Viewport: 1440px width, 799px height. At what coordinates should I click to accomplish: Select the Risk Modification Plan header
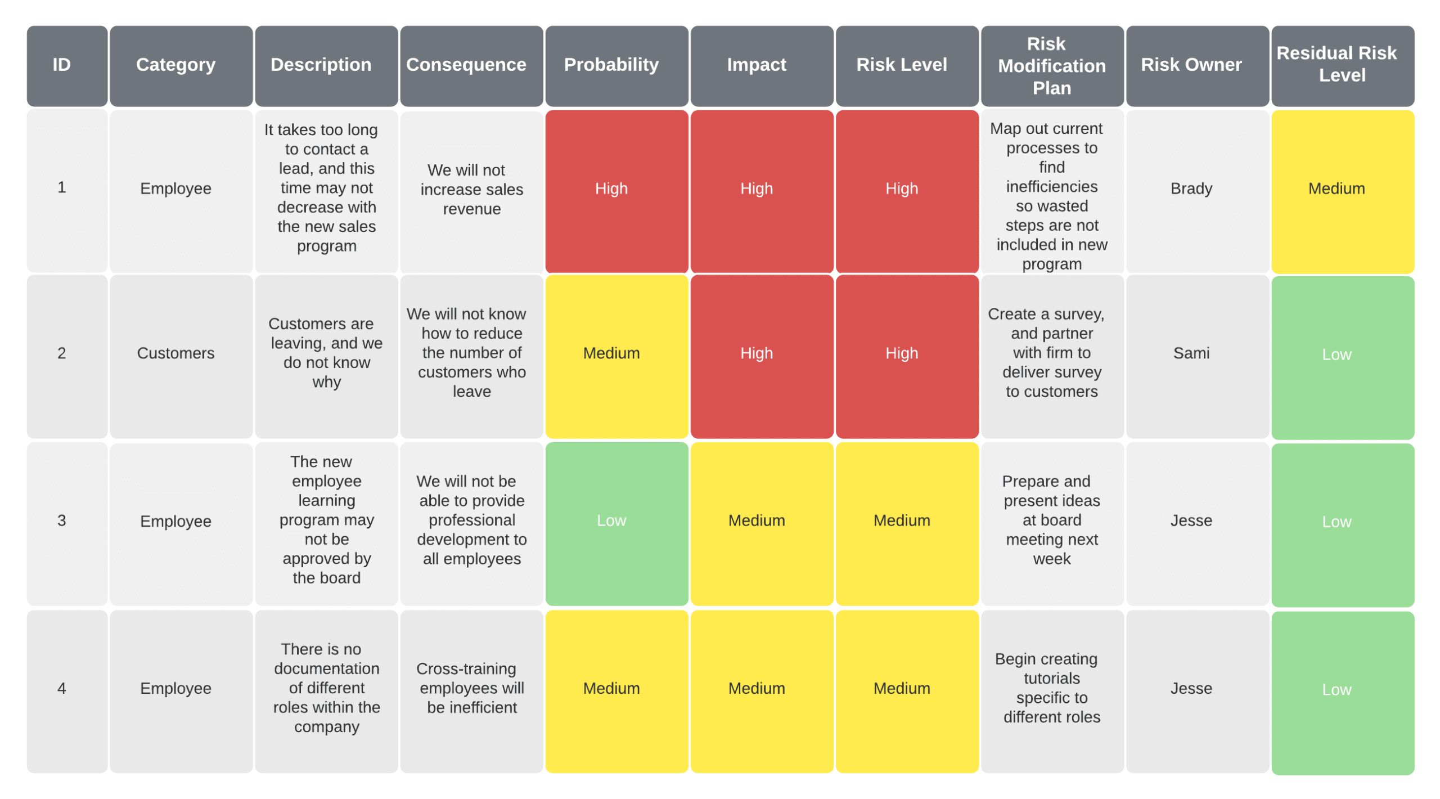click(1051, 65)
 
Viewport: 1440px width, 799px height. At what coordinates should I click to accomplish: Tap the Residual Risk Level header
click(1342, 65)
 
